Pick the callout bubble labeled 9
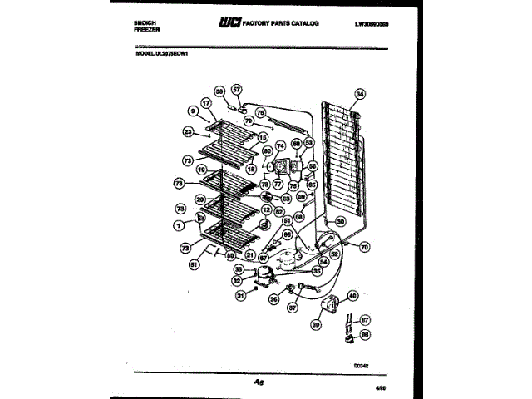(x=192, y=110)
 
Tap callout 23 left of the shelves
(x=189, y=131)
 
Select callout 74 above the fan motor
(x=279, y=145)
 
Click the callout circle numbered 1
(x=178, y=225)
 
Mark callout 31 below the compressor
(x=241, y=294)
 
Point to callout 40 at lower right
(x=352, y=294)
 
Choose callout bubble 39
(x=316, y=324)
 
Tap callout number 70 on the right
(x=364, y=247)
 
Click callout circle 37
(x=293, y=308)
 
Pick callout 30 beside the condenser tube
(x=339, y=222)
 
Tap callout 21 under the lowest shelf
(x=250, y=255)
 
